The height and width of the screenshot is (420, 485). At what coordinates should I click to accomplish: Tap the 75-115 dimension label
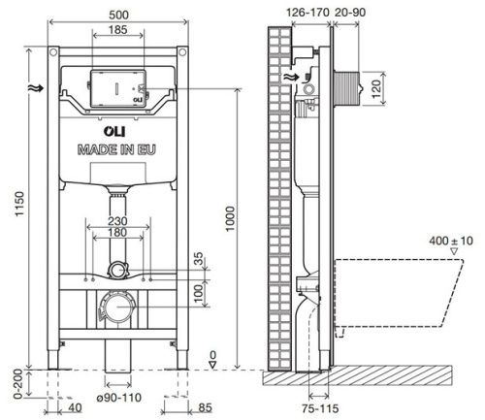(x=318, y=408)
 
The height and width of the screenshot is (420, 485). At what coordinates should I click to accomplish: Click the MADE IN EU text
(x=114, y=149)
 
